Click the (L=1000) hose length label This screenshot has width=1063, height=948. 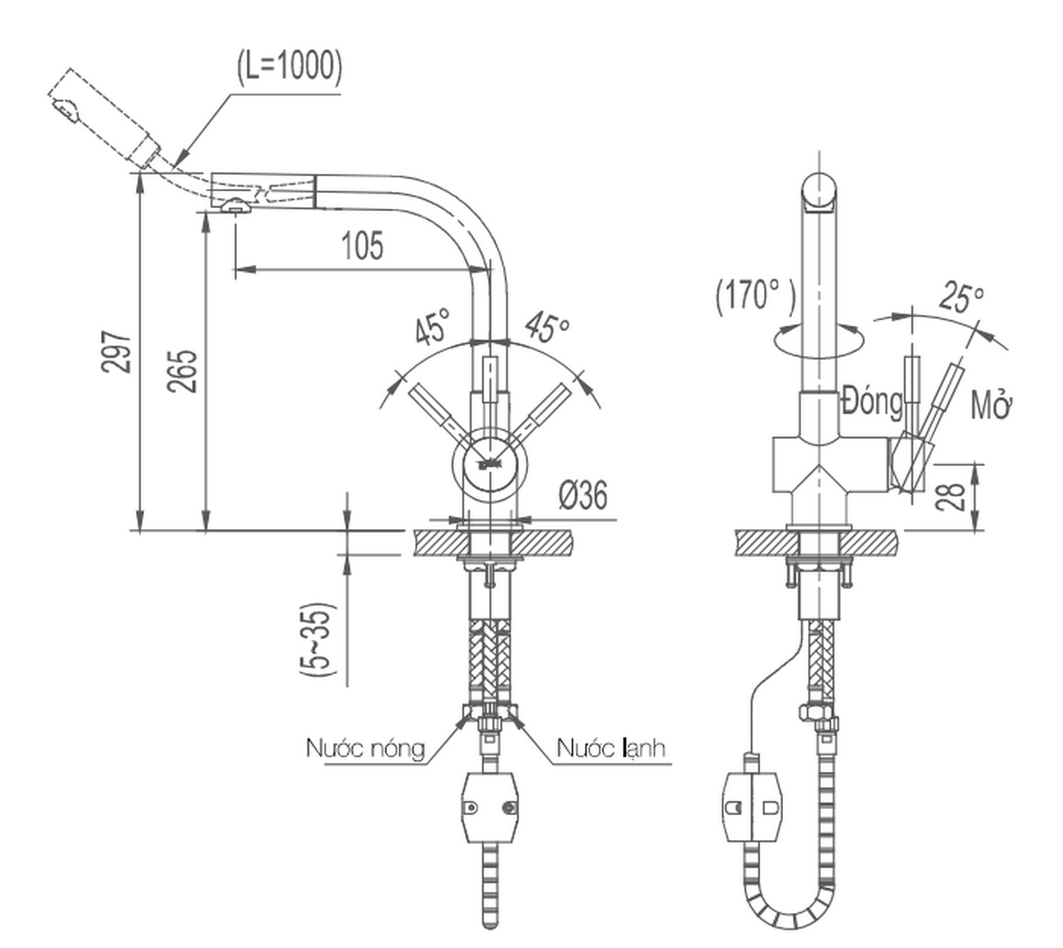coord(289,67)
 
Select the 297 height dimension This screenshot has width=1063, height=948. coord(117,352)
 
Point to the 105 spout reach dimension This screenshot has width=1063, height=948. coord(362,246)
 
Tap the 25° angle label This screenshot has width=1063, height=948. coord(960,298)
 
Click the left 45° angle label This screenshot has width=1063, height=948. coord(432,327)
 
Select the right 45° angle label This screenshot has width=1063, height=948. coord(547,327)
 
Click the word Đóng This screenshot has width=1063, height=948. coord(871,402)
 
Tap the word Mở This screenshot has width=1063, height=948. coord(992,406)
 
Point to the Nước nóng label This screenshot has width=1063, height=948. coord(365,749)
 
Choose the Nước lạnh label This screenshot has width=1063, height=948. coord(611,749)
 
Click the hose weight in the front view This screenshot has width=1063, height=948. coord(488,806)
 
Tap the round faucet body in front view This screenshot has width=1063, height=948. coord(488,463)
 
